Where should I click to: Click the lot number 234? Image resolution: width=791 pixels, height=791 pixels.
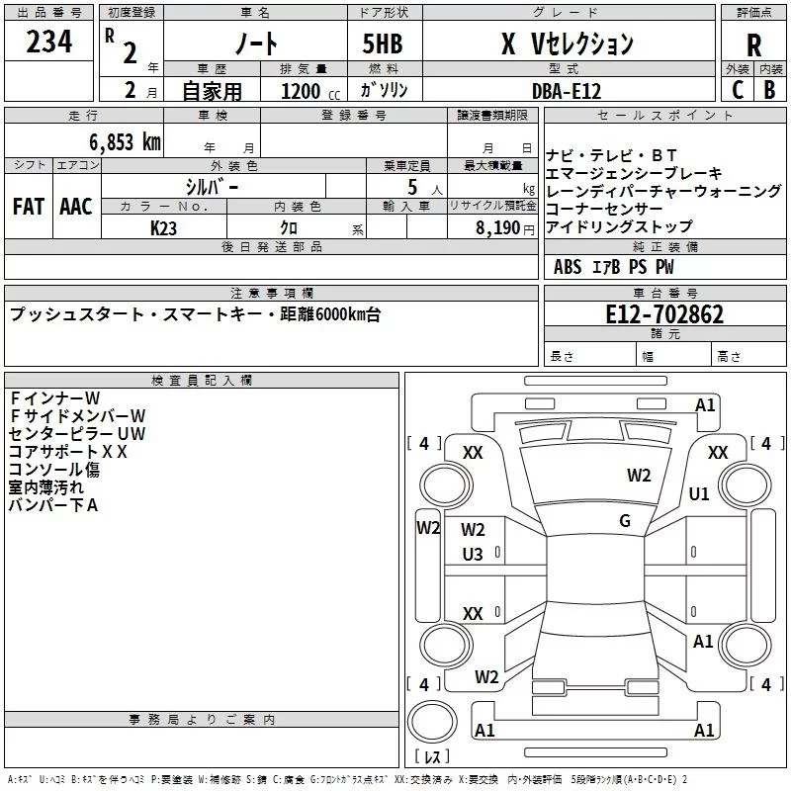[48, 44]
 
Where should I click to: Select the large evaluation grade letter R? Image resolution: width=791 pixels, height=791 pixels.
[753, 45]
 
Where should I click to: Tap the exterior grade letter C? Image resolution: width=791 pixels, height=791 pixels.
[737, 88]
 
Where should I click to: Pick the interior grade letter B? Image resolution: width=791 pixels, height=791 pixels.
[769, 88]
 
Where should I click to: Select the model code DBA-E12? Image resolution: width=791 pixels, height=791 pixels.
[566, 90]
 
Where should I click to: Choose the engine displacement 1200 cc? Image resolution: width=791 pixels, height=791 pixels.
[303, 91]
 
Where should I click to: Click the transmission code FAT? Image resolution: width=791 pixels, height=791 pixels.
[28, 207]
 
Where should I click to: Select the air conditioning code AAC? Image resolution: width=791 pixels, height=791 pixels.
[76, 207]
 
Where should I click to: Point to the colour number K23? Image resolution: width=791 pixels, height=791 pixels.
[164, 227]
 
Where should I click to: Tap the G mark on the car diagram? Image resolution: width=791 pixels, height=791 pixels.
[625, 521]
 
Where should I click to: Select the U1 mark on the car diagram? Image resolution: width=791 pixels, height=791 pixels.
[699, 494]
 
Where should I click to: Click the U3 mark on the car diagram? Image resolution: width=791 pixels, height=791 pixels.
[473, 556]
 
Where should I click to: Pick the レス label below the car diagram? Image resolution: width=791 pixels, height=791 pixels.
[432, 757]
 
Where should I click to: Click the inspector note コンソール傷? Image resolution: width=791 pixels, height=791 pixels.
[54, 470]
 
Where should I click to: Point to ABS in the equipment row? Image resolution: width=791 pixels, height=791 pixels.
[568, 267]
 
